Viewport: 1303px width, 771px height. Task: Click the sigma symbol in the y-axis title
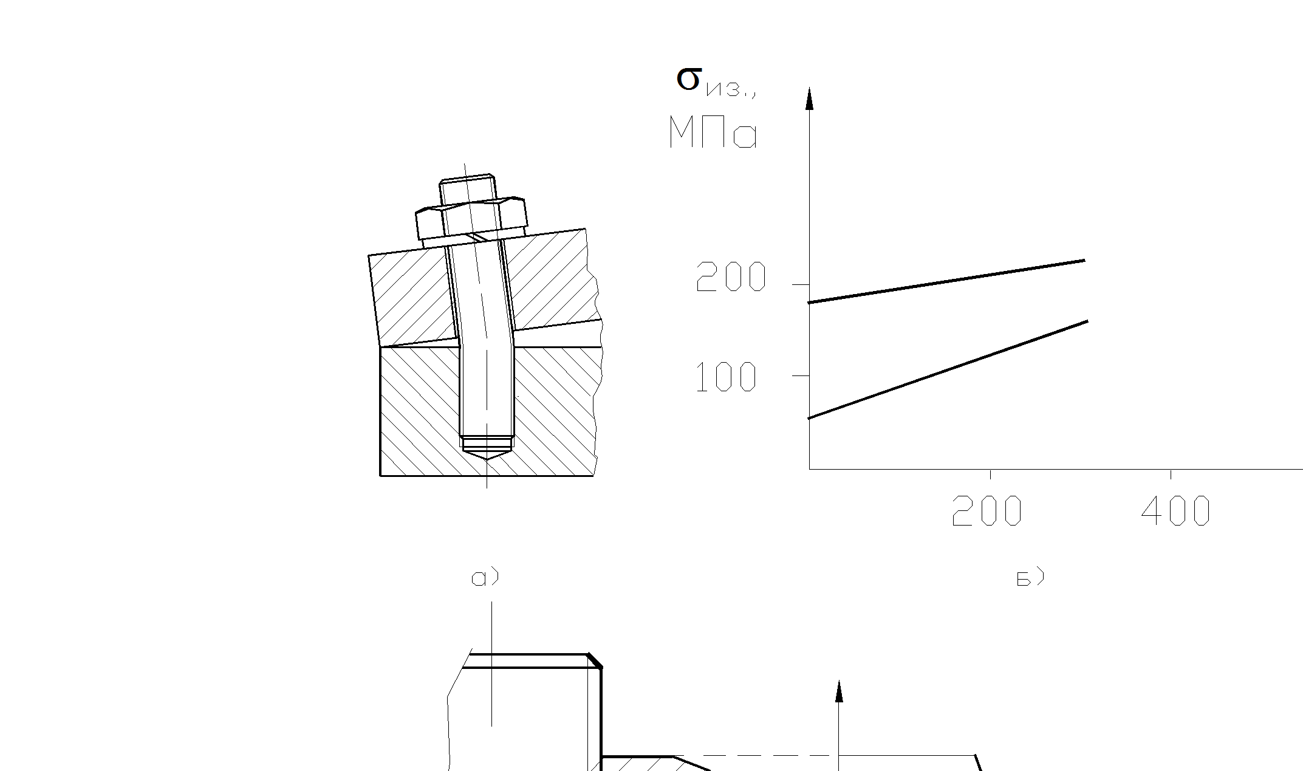[x=689, y=79]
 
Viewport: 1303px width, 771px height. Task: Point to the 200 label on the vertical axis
[x=731, y=277]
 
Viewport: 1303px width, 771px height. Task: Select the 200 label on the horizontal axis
[x=987, y=510]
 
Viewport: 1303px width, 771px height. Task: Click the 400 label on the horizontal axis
[x=1176, y=510]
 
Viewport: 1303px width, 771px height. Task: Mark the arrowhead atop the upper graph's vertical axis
[x=809, y=98]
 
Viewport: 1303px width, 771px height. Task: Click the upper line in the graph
[x=946, y=281]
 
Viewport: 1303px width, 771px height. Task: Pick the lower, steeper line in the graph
[x=948, y=369]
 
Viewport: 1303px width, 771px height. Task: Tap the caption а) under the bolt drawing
[x=485, y=577]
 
